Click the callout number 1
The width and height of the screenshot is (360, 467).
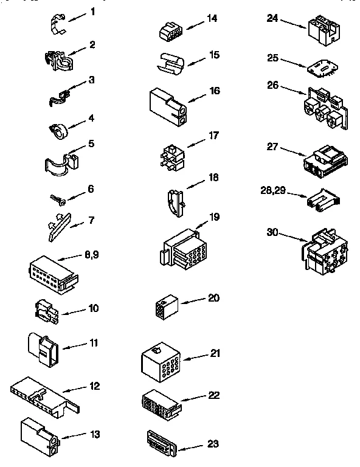click(x=93, y=12)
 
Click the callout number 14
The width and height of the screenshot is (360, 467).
click(x=212, y=18)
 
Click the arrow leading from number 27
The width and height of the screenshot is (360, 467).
click(x=291, y=152)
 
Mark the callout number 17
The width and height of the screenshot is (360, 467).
click(x=213, y=136)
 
